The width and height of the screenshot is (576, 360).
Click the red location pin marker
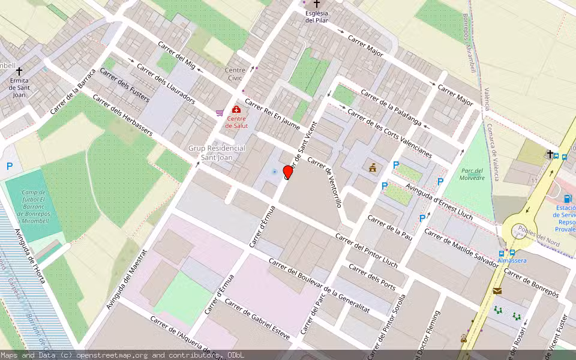[x=288, y=172]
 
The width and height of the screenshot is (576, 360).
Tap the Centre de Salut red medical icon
[x=236, y=110]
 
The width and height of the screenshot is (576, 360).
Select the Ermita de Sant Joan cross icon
[x=19, y=71]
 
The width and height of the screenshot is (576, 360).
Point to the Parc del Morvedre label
[x=472, y=174]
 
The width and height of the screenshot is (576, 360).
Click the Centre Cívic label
[x=235, y=74]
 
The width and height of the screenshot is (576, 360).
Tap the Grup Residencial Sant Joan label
[x=217, y=152]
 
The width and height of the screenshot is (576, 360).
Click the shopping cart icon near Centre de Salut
[x=220, y=112]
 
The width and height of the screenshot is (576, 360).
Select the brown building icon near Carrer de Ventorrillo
[x=373, y=167]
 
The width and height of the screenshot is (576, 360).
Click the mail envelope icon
[x=497, y=291]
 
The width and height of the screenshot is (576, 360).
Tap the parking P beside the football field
[x=10, y=166]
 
